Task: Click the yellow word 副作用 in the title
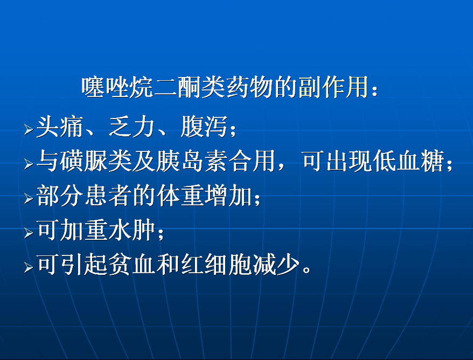click(333, 87)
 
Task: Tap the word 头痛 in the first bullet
click(60, 127)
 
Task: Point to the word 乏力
click(132, 127)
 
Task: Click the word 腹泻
click(204, 127)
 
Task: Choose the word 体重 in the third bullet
click(180, 196)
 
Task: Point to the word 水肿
click(132, 230)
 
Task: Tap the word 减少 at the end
click(276, 265)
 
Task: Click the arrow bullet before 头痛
click(29, 130)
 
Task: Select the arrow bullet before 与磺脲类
click(29, 164)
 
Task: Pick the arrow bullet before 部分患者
click(29, 198)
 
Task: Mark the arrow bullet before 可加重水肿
click(29, 233)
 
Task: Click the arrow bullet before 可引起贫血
click(29, 267)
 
